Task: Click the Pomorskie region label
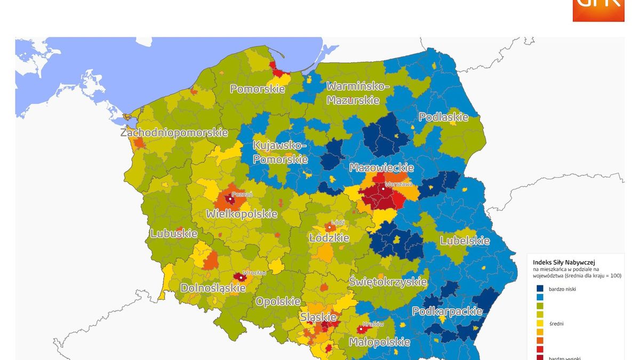click(x=257, y=89)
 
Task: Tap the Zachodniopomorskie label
click(x=174, y=132)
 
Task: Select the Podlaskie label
click(x=443, y=117)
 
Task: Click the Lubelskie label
click(x=464, y=241)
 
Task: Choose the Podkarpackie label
click(x=447, y=311)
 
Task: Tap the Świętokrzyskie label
click(x=388, y=281)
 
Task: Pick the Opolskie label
click(x=278, y=301)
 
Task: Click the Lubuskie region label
click(x=174, y=233)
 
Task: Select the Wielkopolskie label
click(x=242, y=214)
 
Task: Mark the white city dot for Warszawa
click(x=383, y=189)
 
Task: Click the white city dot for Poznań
click(x=230, y=199)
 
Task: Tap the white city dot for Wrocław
click(x=242, y=277)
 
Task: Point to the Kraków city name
click(x=373, y=324)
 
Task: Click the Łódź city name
click(x=338, y=222)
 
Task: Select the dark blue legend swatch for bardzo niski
click(x=540, y=289)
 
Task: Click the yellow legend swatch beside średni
click(x=540, y=323)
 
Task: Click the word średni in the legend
click(x=556, y=323)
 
